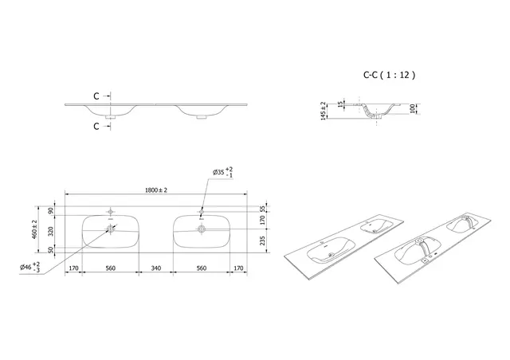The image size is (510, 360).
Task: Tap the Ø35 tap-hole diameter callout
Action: [x=222, y=172]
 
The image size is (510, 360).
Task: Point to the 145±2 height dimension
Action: [x=323, y=112]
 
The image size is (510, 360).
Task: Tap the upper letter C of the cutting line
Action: [x=96, y=96]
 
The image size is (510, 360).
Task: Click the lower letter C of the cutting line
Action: [x=96, y=126]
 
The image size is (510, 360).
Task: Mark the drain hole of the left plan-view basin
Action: [x=110, y=229]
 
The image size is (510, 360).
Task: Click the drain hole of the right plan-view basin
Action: [x=201, y=229]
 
